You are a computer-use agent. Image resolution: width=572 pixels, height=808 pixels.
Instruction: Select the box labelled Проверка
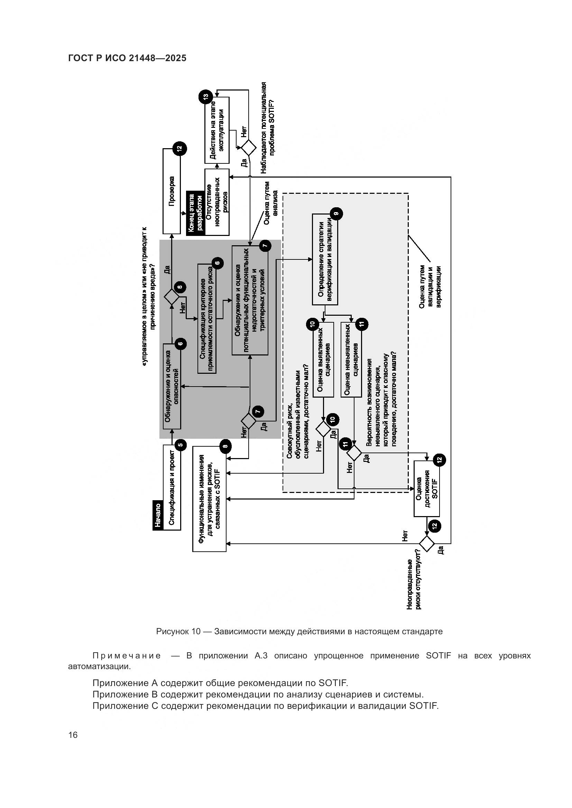172,191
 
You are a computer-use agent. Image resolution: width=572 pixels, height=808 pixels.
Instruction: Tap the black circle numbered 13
205,96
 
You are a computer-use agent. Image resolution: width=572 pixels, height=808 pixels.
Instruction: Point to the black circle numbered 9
336,213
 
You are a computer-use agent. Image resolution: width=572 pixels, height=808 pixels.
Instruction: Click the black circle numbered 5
181,445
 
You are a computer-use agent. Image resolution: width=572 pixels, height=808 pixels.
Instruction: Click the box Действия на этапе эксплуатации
217,130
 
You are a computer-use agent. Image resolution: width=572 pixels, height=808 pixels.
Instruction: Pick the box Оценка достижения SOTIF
426,488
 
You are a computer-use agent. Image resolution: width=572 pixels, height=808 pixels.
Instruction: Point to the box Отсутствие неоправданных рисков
217,202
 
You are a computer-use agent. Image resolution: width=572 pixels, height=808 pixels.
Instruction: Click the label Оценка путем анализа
271,203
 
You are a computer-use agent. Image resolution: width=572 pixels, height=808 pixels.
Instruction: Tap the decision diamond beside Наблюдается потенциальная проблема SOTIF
249,148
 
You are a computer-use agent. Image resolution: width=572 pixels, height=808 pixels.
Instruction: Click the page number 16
73,735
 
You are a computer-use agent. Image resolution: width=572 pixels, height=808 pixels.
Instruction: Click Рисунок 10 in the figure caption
178,631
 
